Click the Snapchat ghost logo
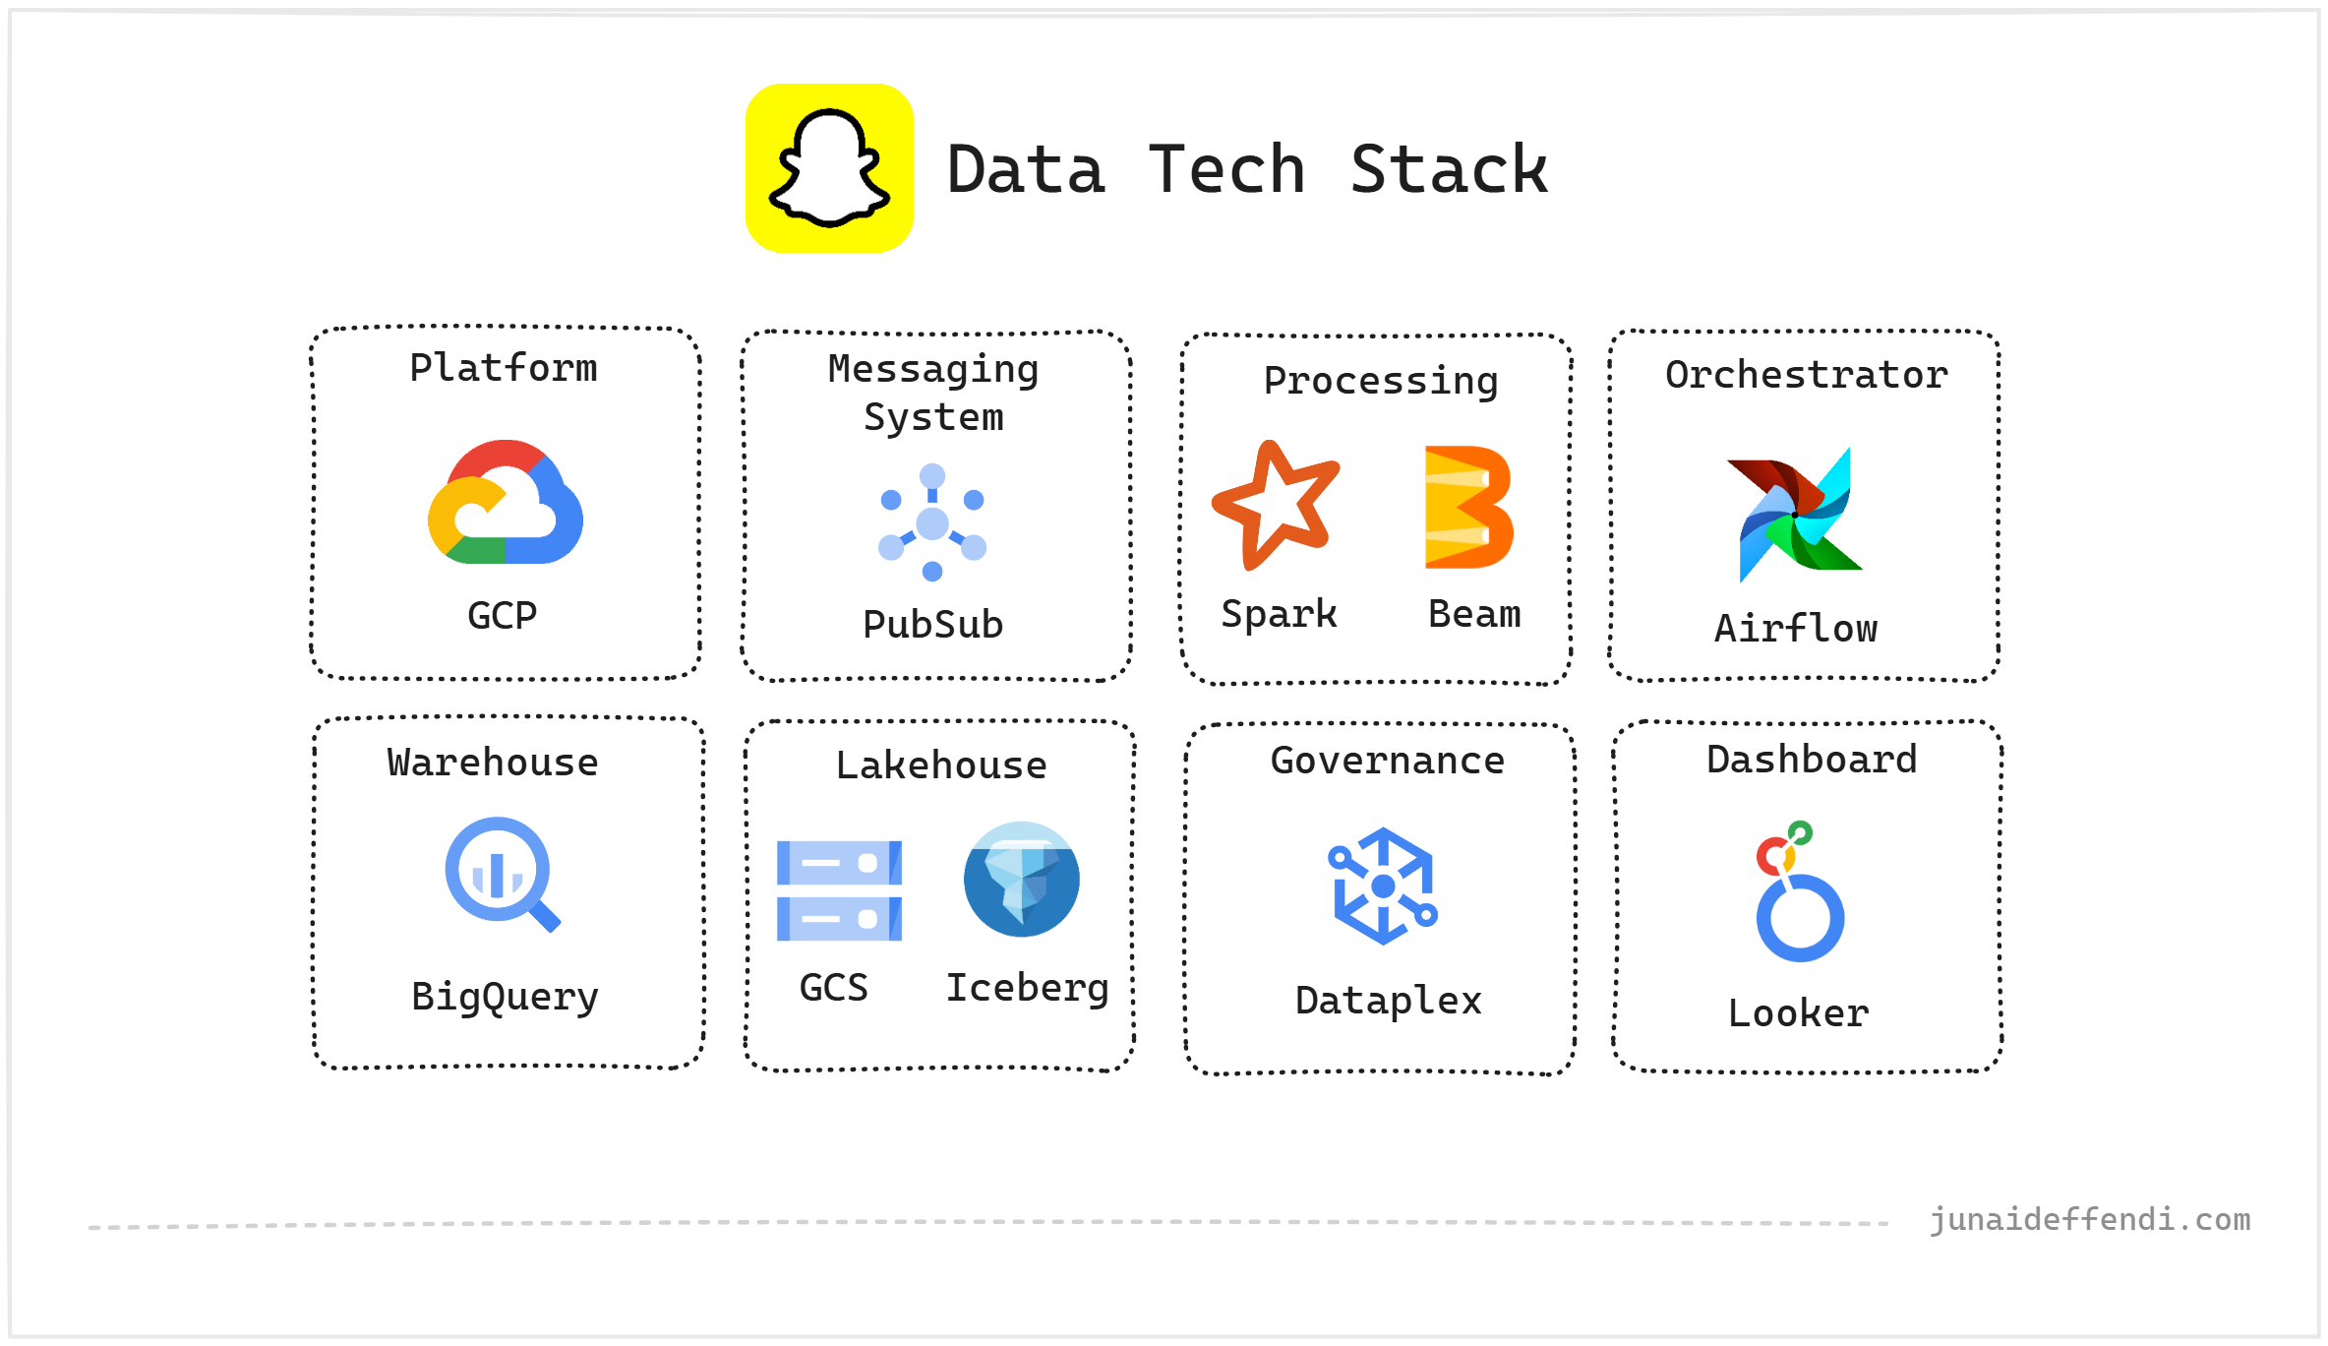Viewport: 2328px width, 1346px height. (829, 168)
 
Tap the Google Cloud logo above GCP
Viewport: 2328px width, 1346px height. (506, 503)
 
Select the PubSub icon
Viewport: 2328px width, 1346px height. (932, 522)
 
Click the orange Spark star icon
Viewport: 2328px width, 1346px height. (1275, 506)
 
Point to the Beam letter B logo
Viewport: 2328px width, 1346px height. (1468, 507)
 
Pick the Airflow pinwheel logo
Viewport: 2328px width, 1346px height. (1796, 515)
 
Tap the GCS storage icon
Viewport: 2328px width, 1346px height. (839, 890)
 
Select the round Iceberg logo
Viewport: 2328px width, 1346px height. (1022, 879)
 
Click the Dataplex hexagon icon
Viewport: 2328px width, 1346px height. (1383, 886)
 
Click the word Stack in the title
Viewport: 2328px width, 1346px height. (1449, 170)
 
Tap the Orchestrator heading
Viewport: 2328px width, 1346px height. (1806, 375)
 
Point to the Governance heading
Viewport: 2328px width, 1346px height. (1387, 761)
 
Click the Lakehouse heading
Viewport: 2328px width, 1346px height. (941, 765)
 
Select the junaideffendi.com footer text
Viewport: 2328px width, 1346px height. (2090, 1220)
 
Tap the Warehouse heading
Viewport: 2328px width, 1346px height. (493, 763)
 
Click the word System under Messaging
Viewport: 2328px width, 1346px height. (933, 417)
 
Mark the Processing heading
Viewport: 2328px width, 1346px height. (1381, 381)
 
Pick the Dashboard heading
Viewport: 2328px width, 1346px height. (1812, 760)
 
